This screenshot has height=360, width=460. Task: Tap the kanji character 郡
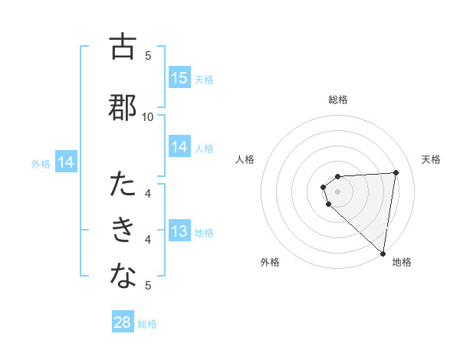coord(123,107)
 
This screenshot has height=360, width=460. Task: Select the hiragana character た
coord(123,185)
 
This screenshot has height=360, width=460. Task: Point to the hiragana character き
coord(123,231)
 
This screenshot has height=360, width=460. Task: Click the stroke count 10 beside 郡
coord(148,116)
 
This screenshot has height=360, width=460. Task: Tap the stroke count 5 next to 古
coord(148,55)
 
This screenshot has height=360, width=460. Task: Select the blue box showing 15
coord(179,78)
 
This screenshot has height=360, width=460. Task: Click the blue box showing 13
coord(179,232)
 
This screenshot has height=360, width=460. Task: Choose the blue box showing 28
coord(123,322)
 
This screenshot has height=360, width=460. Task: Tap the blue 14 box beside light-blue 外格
coord(66,162)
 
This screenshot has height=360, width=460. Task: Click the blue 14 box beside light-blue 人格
coord(179,147)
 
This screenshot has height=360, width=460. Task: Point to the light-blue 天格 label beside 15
coord(204,79)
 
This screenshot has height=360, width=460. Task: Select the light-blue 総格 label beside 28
coord(147,324)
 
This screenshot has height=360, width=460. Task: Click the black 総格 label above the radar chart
coord(338,100)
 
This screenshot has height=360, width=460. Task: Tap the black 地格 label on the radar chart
coord(402,263)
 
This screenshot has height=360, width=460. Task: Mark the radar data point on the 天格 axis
coord(396,172)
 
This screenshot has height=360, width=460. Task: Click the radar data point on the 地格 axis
coord(383,252)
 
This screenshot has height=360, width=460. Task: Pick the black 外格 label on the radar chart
coord(270,263)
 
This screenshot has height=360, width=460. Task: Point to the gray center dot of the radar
coord(338,191)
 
